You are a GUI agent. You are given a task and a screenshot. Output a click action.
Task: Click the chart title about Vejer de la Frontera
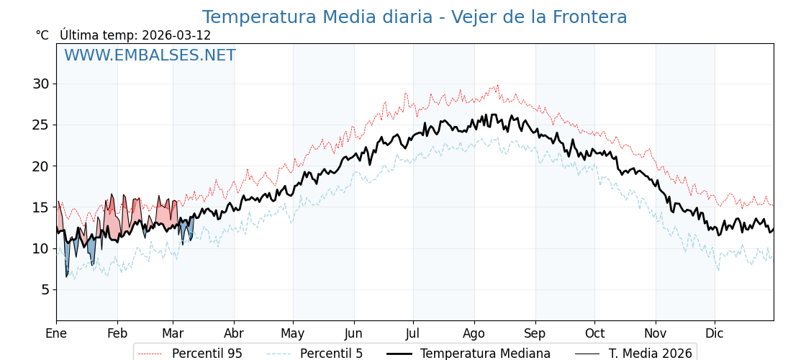click(x=414, y=17)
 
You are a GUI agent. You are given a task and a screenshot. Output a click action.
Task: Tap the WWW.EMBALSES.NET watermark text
click(x=150, y=55)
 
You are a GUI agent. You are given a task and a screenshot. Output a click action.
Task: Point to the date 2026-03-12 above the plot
click(x=176, y=35)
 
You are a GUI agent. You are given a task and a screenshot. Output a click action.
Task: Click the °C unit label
click(x=42, y=35)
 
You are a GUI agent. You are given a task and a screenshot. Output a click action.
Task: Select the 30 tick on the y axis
click(x=40, y=84)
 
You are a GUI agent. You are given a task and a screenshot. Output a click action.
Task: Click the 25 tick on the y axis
click(x=40, y=125)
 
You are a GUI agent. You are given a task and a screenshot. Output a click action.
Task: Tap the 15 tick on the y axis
click(x=40, y=207)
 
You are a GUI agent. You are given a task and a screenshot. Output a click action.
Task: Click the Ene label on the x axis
click(x=56, y=333)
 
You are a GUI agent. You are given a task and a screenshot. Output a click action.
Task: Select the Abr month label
click(x=233, y=333)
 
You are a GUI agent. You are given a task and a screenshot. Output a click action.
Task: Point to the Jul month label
click(x=413, y=333)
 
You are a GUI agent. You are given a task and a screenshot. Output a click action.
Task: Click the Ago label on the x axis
click(x=474, y=333)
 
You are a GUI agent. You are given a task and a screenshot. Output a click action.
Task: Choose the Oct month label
click(x=594, y=333)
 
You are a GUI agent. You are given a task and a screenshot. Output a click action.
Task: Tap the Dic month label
click(x=715, y=333)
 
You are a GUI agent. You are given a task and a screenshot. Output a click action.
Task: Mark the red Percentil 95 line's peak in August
click(x=497, y=85)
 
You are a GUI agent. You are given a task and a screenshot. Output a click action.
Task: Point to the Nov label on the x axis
click(x=656, y=333)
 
